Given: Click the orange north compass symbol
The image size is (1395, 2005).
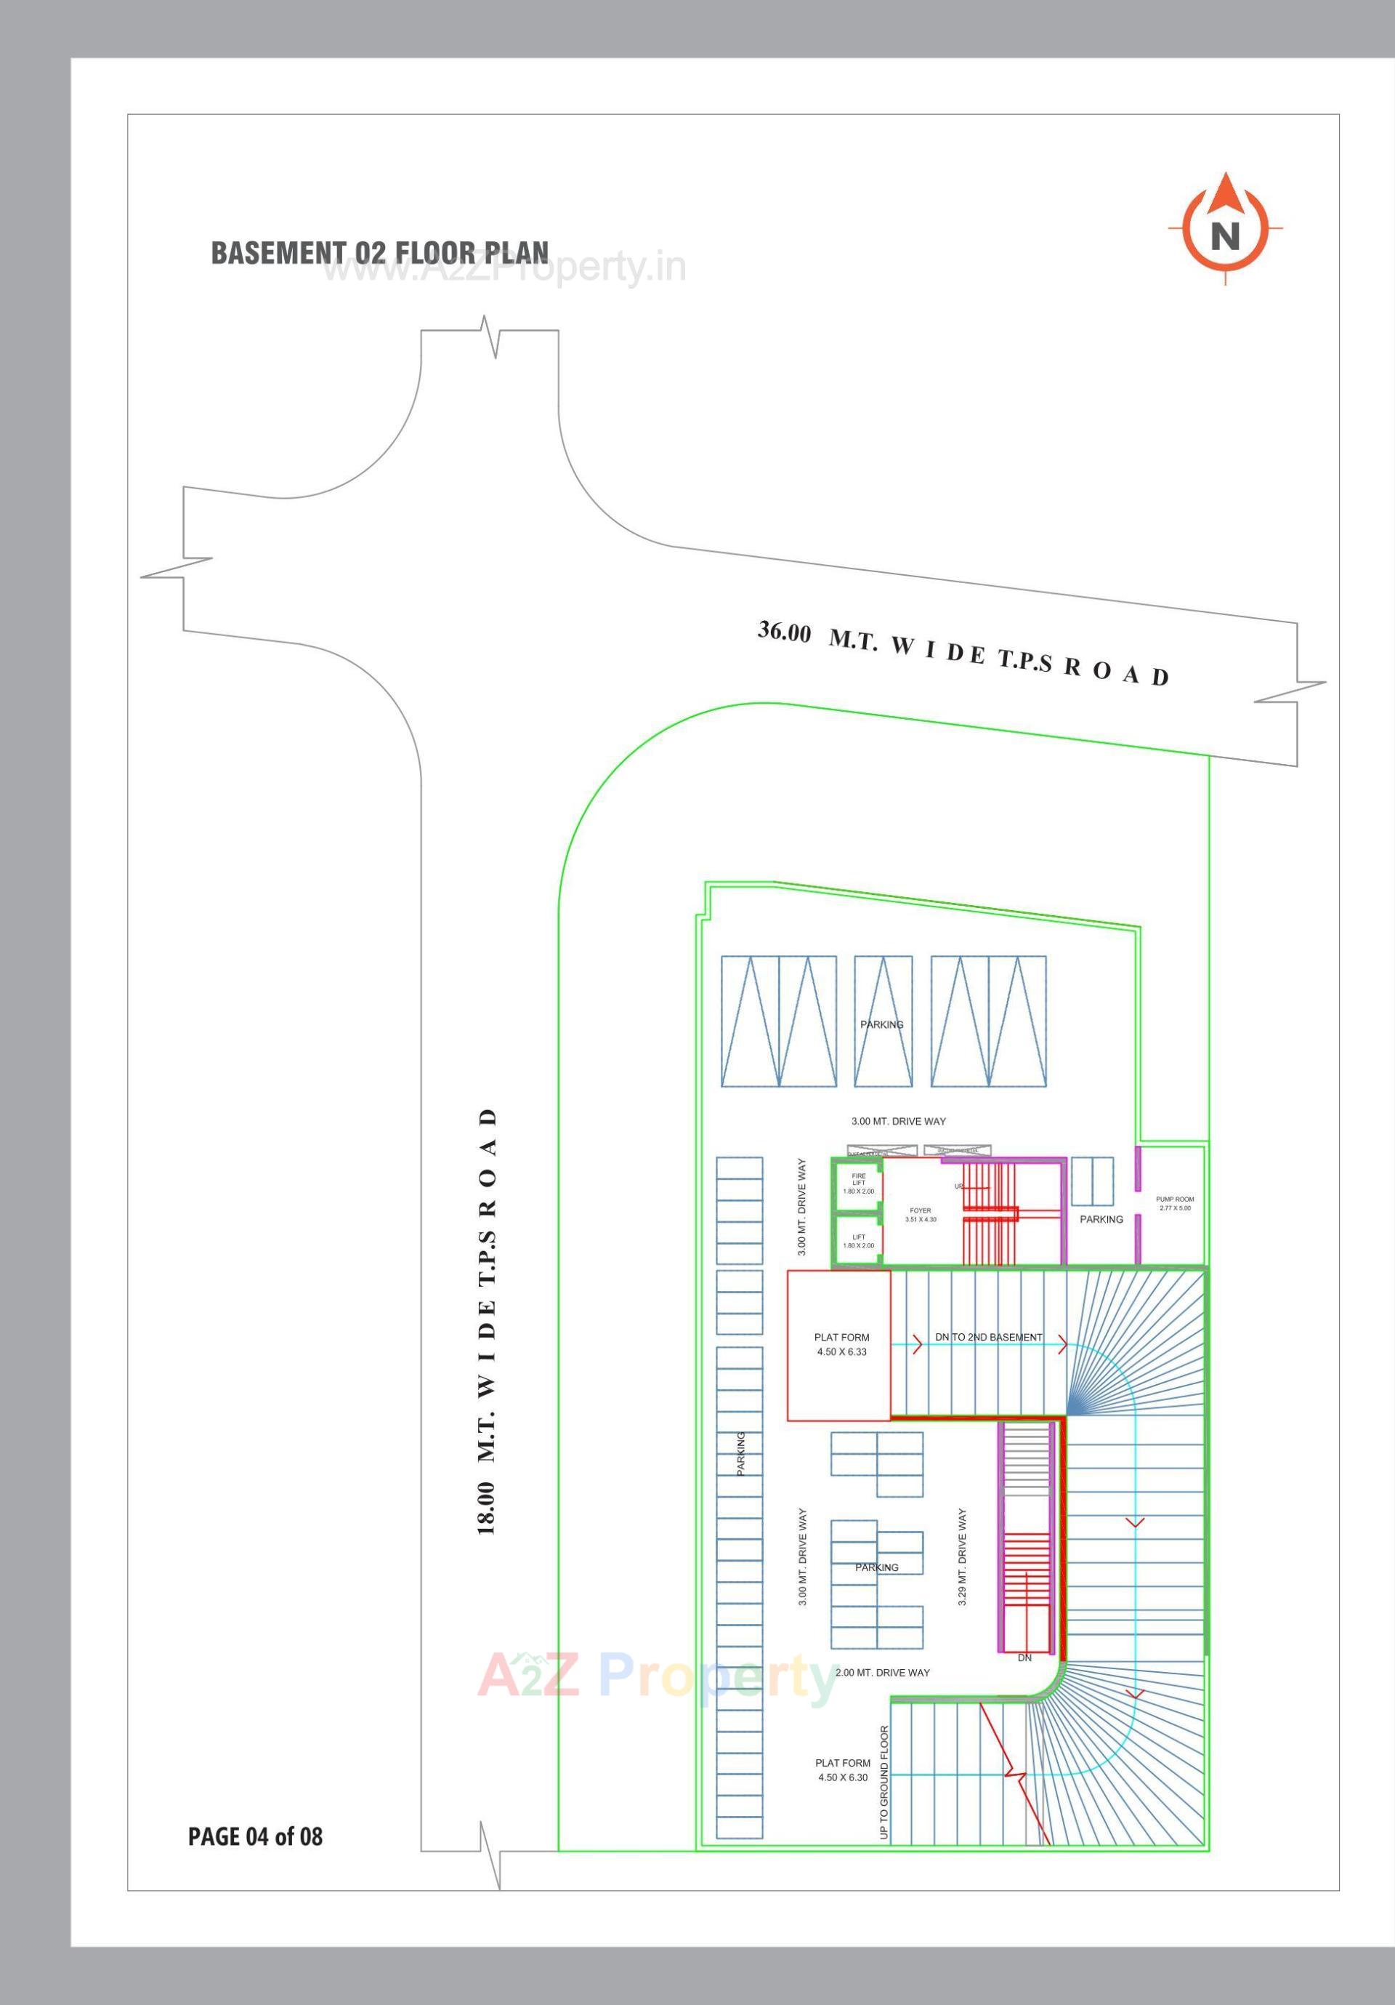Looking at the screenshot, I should click(x=1225, y=230).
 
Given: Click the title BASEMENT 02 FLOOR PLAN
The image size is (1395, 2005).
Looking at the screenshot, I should click(x=380, y=252).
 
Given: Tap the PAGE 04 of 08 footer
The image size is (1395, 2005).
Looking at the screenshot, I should click(x=255, y=1836).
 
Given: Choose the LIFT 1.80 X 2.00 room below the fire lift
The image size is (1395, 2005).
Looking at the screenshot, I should click(x=858, y=1241).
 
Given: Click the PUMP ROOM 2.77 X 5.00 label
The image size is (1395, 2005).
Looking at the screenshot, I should click(x=1174, y=1203).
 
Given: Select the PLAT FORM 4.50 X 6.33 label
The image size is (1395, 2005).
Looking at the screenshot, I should click(x=841, y=1344).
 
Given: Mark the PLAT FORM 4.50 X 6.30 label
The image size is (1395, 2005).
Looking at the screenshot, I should click(x=842, y=1770).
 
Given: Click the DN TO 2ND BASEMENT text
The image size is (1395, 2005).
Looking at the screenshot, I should click(x=988, y=1337).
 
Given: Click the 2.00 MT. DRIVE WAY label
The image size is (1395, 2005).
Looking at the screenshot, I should click(x=883, y=1672).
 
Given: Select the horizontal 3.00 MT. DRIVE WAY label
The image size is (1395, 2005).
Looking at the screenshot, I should click(x=898, y=1121).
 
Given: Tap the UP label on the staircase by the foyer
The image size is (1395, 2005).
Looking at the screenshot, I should click(x=958, y=1186).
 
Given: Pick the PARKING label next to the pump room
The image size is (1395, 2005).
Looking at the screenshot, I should click(x=1101, y=1219).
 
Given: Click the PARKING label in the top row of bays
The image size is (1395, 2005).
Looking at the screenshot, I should click(x=882, y=1024).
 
